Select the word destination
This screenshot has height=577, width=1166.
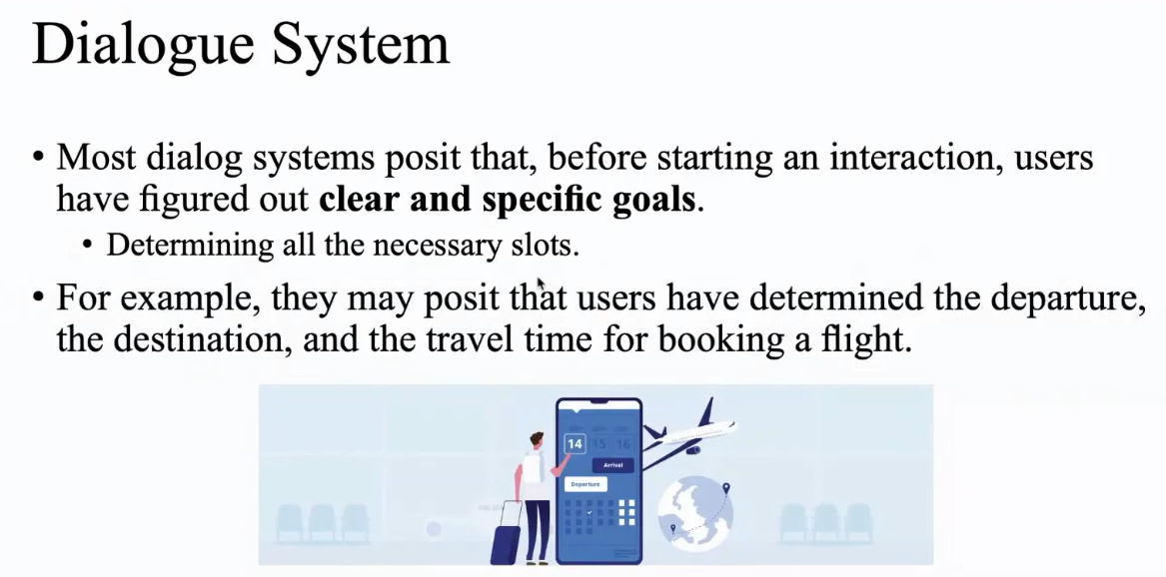tap(202, 339)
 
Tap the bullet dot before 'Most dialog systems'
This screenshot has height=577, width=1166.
tap(39, 158)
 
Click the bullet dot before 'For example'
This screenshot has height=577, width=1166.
tap(39, 297)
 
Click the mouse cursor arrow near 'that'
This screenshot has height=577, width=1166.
tap(541, 285)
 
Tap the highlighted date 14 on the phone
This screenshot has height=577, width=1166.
tap(575, 444)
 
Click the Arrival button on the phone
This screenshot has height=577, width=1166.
tap(612, 465)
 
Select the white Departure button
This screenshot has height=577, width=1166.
tap(585, 484)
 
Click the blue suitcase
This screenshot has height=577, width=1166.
tap(508, 538)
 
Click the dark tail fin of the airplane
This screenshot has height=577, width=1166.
tap(706, 410)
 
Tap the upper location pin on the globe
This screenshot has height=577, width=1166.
tap(726, 488)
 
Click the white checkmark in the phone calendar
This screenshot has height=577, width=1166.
tap(589, 512)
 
